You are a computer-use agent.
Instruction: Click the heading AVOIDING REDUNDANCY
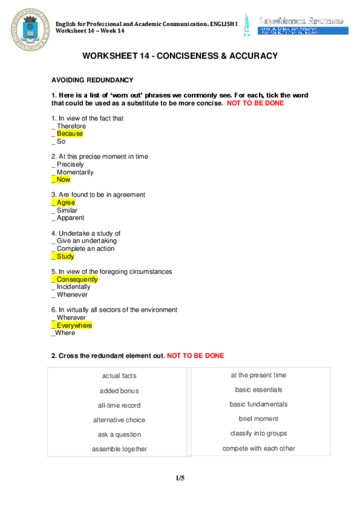92,80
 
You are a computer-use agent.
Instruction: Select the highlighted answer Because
70,134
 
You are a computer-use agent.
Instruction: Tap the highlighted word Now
63,179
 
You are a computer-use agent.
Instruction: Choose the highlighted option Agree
66,203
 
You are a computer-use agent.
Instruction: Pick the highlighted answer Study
65,256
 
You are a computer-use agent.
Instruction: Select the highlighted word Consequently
77,280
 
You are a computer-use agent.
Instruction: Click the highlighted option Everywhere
75,325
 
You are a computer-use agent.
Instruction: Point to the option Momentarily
75,172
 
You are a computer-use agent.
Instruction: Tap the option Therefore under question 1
72,126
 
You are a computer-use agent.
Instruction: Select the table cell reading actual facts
119,376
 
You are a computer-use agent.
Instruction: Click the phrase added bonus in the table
119,391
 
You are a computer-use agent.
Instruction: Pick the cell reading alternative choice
119,420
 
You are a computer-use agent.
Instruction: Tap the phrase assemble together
119,449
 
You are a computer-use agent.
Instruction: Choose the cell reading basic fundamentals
258,405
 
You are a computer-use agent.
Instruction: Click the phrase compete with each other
258,449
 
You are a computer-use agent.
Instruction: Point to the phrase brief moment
258,419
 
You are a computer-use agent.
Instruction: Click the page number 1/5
180,478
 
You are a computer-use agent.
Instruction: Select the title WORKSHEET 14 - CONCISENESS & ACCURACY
180,56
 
